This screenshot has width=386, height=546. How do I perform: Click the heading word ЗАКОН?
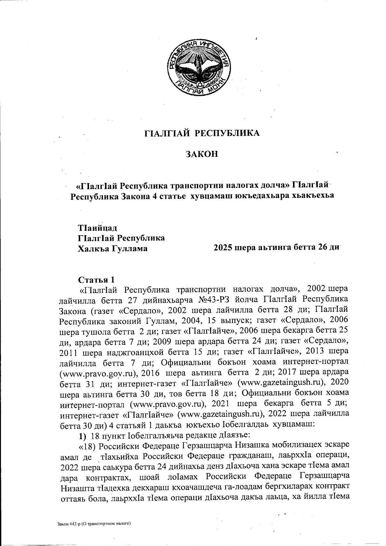coord(202,154)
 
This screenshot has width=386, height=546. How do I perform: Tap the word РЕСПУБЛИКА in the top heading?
coord(228,133)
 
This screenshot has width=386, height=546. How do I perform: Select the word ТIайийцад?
coord(97,228)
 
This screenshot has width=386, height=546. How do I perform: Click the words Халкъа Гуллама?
coord(113,248)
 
